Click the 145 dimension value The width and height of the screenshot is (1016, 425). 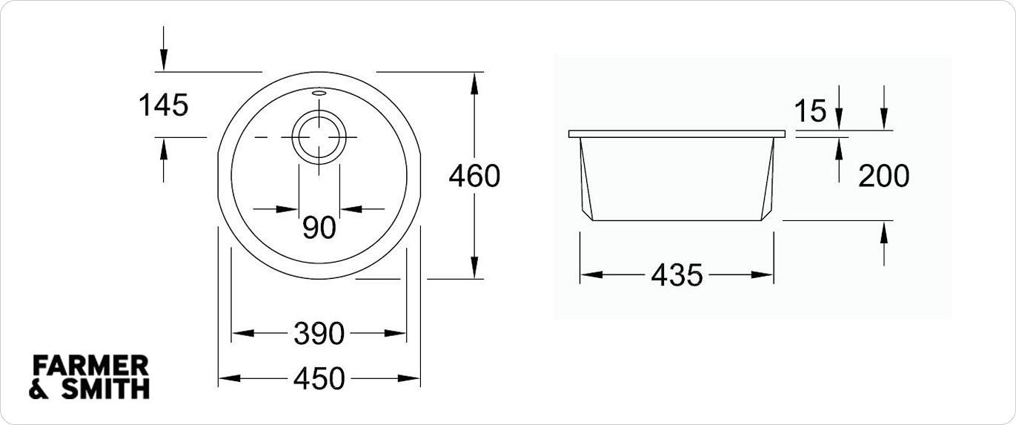pyautogui.click(x=164, y=105)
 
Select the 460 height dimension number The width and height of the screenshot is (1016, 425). pyautogui.click(x=475, y=177)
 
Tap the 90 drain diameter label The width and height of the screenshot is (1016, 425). pyautogui.click(x=319, y=228)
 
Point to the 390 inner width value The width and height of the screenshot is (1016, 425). pyautogui.click(x=319, y=334)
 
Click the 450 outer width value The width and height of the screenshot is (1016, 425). pyautogui.click(x=319, y=379)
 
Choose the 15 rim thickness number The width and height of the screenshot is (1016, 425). pyautogui.click(x=810, y=112)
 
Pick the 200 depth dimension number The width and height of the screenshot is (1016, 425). pyautogui.click(x=883, y=177)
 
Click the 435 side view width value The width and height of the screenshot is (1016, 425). pyautogui.click(x=677, y=275)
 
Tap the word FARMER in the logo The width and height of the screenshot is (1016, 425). pyautogui.click(x=91, y=366)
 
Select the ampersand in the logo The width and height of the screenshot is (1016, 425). pyautogui.click(x=39, y=389)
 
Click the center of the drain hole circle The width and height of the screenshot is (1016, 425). pyautogui.click(x=319, y=138)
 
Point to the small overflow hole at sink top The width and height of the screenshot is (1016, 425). pyautogui.click(x=319, y=93)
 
